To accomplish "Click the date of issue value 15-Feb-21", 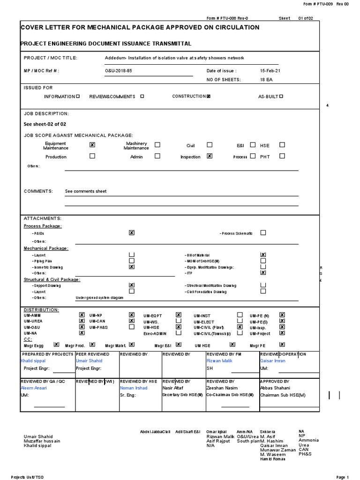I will click(x=270, y=70).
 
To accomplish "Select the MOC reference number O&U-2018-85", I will click(x=120, y=70).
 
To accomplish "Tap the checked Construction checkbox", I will click(x=209, y=96).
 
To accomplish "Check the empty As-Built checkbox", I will click(x=281, y=96).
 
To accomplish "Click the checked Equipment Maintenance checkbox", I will click(x=92, y=145).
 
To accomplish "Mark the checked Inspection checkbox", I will click(x=210, y=156).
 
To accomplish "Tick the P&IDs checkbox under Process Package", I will click(x=132, y=232).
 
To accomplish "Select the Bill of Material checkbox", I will click(x=263, y=255).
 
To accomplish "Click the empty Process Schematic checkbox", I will click(x=263, y=232).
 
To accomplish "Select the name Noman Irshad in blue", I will click(x=134, y=388).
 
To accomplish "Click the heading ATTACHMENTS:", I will click(x=43, y=218).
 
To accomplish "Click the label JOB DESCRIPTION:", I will click(x=46, y=113).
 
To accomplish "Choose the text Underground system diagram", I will click(x=99, y=298).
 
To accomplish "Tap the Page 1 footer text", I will click(x=343, y=477).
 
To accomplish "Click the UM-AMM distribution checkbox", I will click(x=82, y=315).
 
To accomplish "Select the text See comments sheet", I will click(x=86, y=191).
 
